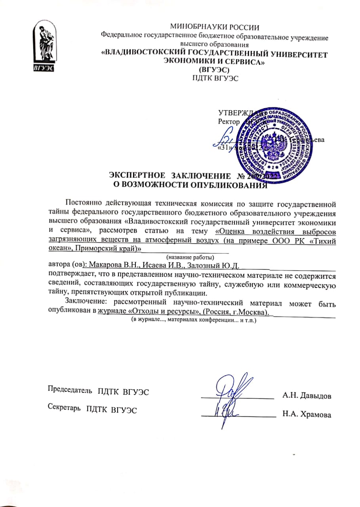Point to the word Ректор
[x=229, y=122]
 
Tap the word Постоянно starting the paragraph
[x=84, y=204]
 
